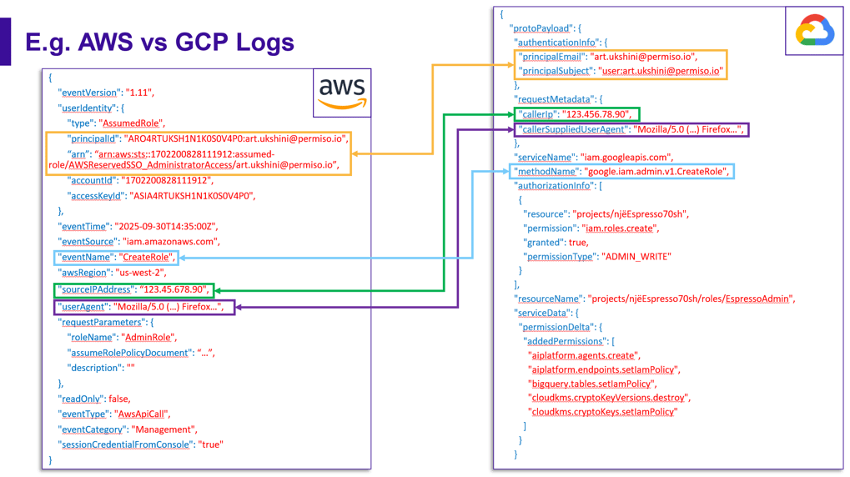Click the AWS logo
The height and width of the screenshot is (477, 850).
pyautogui.click(x=342, y=92)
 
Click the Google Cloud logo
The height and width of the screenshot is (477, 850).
pyautogui.click(x=814, y=32)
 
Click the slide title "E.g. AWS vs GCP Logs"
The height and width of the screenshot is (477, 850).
pyautogui.click(x=159, y=42)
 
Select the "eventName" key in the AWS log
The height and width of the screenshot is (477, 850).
pyautogui.click(x=85, y=257)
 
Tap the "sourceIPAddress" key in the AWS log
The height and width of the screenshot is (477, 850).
pyautogui.click(x=95, y=289)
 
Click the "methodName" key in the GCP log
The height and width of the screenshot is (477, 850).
pyautogui.click(x=547, y=171)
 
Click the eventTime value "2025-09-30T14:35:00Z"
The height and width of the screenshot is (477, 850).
pyautogui.click(x=164, y=226)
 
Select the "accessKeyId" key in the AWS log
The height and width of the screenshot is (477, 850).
pyautogui.click(x=95, y=196)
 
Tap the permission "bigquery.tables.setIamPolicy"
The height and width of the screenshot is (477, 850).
pyautogui.click(x=591, y=383)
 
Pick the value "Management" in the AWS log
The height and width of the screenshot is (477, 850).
pyautogui.click(x=163, y=429)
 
